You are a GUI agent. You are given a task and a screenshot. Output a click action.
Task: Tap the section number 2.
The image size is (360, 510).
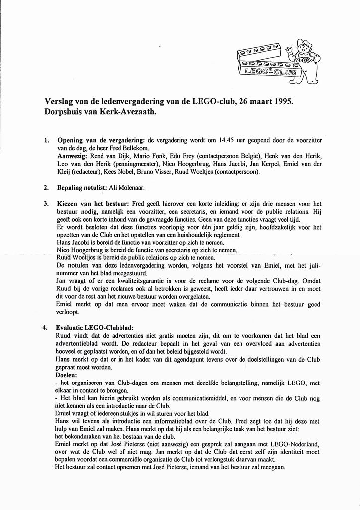(x=46, y=188)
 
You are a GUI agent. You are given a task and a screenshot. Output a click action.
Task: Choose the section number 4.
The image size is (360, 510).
(x=46, y=328)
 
